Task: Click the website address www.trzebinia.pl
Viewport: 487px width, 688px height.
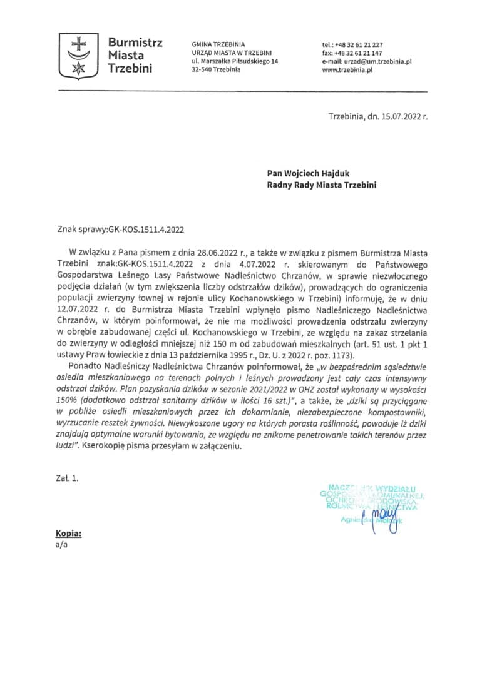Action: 347,70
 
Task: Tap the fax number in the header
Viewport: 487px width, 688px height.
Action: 359,53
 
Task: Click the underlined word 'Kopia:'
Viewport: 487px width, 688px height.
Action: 68,534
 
